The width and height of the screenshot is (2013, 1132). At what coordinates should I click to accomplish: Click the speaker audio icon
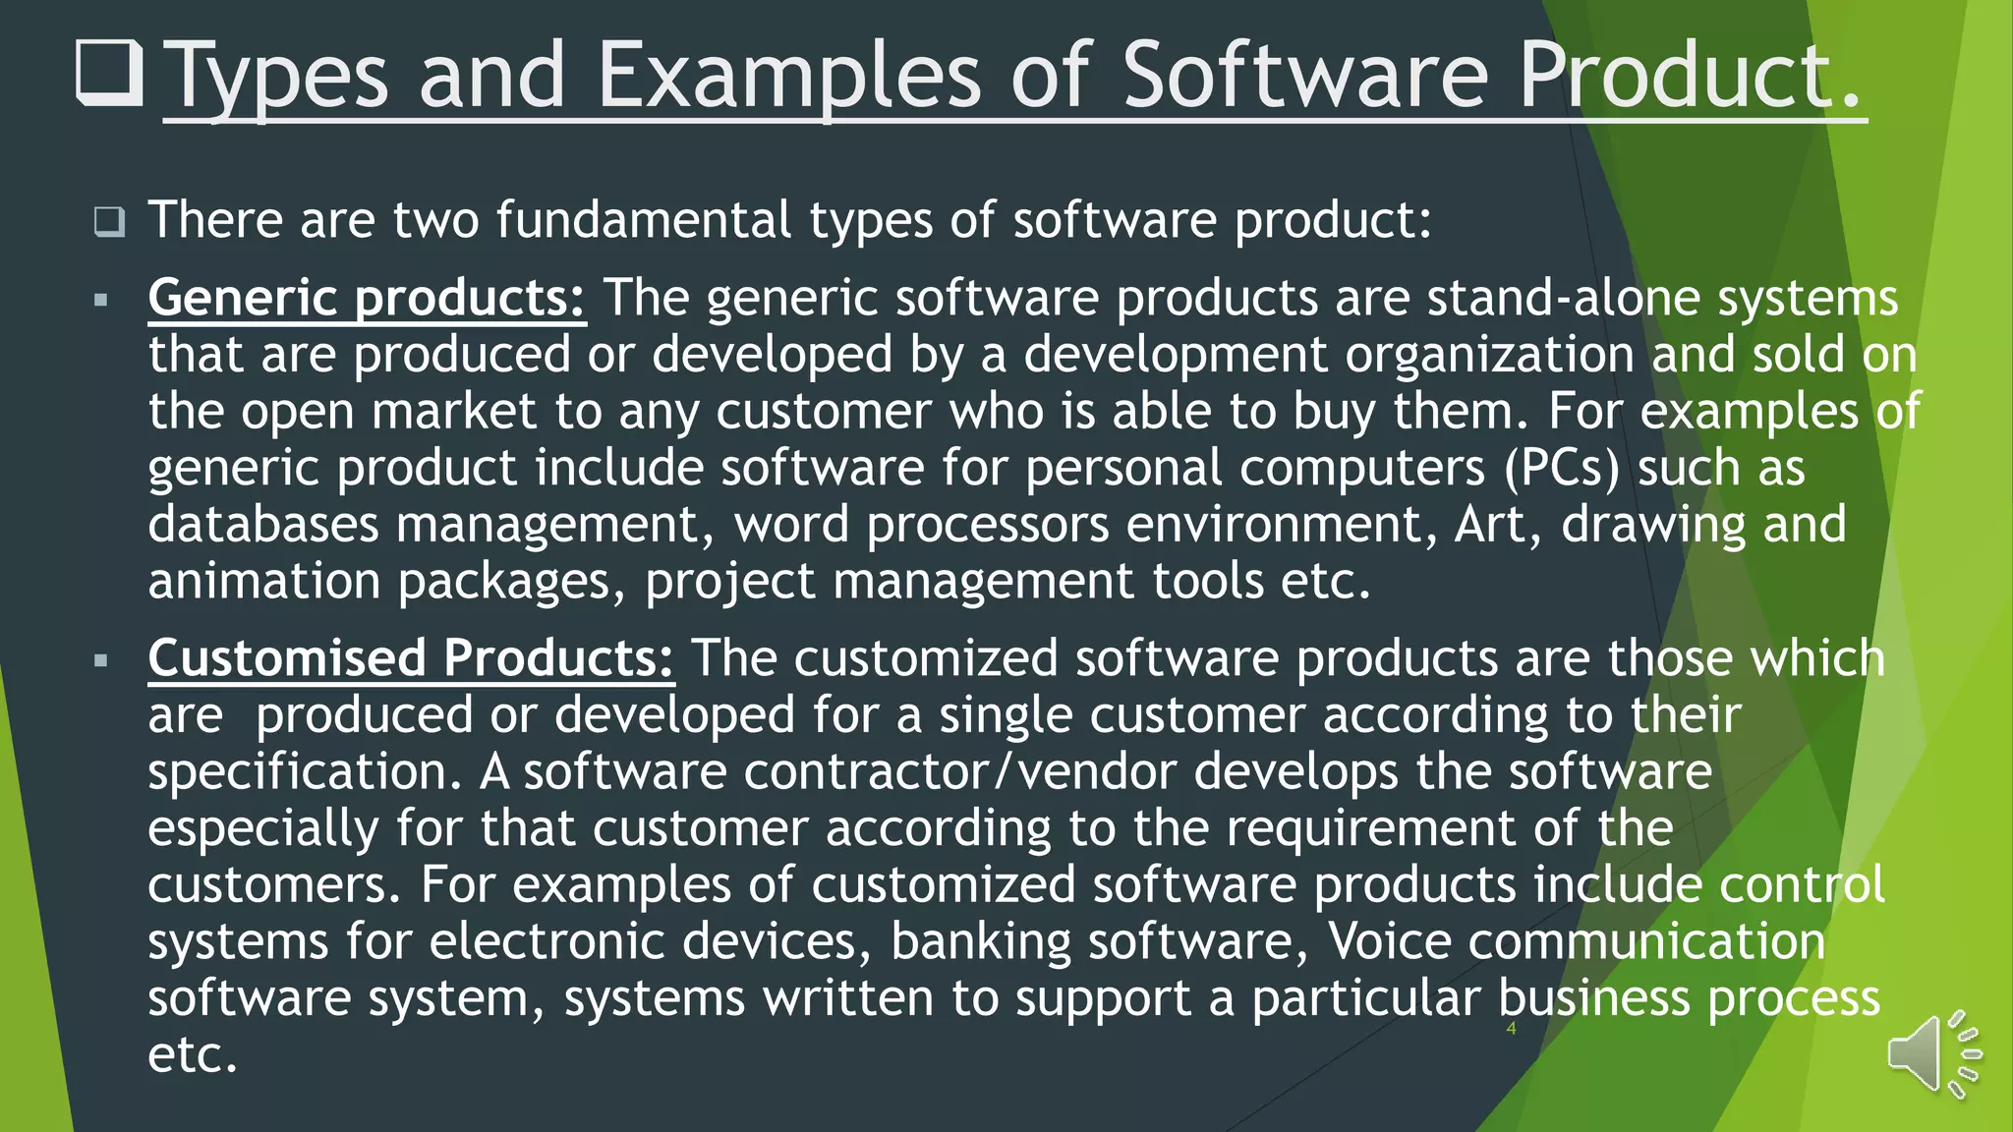pos(1932,1054)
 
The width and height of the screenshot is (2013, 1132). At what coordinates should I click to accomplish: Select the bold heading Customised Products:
pos(411,657)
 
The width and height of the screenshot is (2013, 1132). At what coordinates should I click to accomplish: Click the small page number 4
pos(1511,1029)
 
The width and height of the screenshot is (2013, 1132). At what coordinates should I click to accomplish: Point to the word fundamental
pos(643,219)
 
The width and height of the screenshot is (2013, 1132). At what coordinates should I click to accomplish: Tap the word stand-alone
pos(1563,298)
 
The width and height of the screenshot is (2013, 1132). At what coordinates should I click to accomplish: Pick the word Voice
pos(1389,941)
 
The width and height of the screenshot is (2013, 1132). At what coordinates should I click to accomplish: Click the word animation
pos(263,581)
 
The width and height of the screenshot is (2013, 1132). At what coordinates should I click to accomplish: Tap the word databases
pos(263,524)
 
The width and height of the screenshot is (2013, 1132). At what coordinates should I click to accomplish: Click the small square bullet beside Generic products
pos(100,300)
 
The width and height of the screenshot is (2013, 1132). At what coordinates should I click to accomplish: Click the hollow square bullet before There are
pos(109,221)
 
